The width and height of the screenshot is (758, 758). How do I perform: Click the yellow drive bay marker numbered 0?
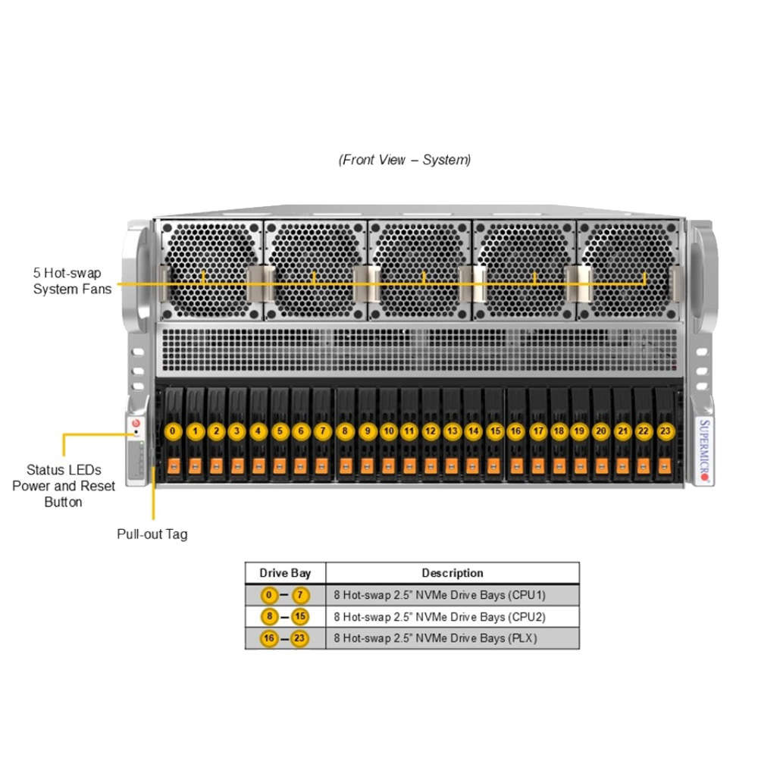173,431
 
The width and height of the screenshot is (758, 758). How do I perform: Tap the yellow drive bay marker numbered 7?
322,431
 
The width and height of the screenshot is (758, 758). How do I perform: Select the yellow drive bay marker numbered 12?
431,431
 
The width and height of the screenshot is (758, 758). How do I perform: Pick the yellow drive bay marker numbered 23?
665,431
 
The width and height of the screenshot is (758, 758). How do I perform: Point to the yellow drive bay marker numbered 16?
515,431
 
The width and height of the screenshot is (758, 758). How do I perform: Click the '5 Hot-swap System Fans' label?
72,280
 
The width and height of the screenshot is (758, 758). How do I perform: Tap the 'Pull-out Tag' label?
152,534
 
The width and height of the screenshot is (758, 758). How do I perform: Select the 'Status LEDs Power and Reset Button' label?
64,486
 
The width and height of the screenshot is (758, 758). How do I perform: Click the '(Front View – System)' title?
405,160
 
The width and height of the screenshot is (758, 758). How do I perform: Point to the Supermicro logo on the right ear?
703,450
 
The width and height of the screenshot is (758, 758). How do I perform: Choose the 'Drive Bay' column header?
285,573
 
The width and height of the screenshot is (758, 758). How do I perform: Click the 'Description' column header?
452,573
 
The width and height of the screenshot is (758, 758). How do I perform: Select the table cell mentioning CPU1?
452,595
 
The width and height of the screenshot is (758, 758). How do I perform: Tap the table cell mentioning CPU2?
452,616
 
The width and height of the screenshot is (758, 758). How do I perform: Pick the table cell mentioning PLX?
452,638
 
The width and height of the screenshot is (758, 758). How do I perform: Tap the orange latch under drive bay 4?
258,464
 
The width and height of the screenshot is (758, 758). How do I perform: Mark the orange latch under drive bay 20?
601,464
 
